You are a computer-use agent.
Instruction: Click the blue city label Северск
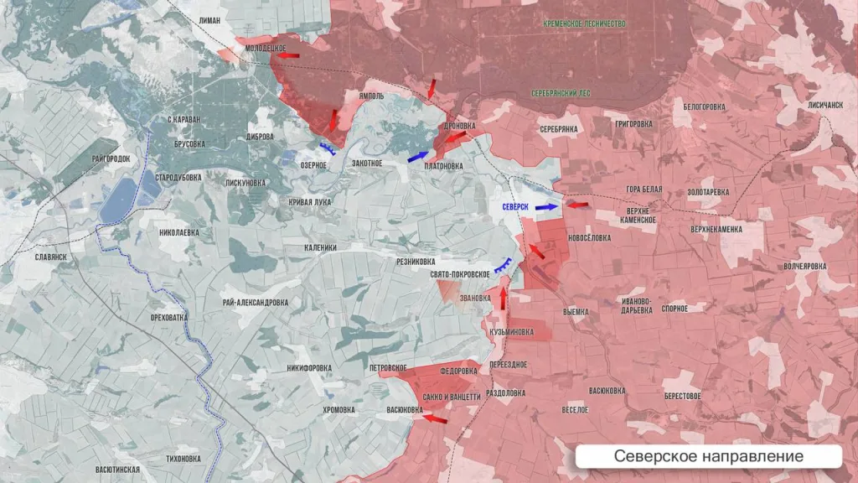point(515,206)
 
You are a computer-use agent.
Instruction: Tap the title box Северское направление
point(708,456)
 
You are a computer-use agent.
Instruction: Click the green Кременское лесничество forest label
point(584,24)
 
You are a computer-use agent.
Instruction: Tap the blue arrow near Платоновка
point(418,156)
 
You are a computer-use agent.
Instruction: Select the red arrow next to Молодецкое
point(288,55)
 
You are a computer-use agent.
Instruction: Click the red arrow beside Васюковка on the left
point(434,417)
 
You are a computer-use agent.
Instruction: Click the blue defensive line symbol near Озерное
point(328,149)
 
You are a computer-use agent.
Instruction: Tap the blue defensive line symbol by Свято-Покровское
point(504,267)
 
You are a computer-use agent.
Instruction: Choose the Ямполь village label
point(370,96)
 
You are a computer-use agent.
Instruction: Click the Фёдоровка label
point(458,370)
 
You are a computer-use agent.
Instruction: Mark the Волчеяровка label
point(804,266)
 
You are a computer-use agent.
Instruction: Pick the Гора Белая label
point(643,190)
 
